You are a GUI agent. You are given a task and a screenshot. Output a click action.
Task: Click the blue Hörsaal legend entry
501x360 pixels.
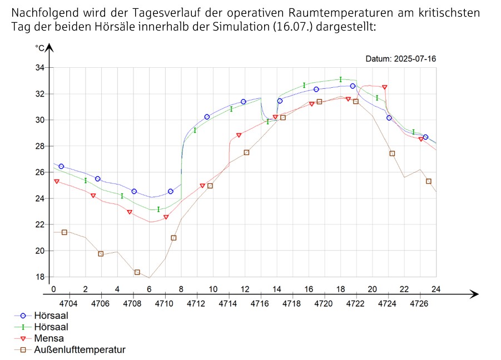(x=46, y=314)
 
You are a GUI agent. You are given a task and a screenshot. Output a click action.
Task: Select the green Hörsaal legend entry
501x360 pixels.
(x=46, y=327)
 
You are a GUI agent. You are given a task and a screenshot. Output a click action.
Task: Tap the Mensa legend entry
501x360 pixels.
(x=49, y=338)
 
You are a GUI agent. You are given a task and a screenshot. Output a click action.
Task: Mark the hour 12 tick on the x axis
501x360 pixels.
(x=244, y=289)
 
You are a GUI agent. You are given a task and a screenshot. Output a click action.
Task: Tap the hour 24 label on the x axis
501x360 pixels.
(x=436, y=289)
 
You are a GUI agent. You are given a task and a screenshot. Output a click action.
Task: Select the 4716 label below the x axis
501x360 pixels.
(x=260, y=303)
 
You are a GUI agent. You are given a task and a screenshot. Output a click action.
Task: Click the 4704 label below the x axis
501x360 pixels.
(x=68, y=303)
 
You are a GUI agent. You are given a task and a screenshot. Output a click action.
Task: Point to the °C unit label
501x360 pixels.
(x=39, y=48)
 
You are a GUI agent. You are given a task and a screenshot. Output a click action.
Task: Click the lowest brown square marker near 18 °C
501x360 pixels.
(x=137, y=272)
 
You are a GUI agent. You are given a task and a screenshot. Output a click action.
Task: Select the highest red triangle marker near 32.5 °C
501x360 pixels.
(x=384, y=87)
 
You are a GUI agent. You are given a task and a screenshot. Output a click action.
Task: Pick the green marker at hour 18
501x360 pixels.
(x=340, y=79)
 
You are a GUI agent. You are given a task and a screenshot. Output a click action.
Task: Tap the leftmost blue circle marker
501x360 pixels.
(x=61, y=166)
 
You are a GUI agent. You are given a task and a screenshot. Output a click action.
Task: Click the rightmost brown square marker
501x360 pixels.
(x=428, y=181)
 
